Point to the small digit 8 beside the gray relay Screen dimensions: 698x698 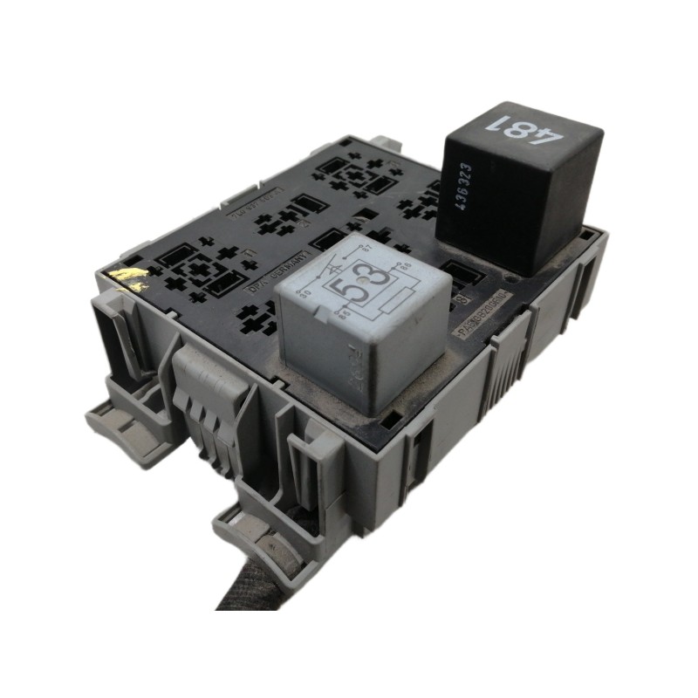(457, 299)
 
